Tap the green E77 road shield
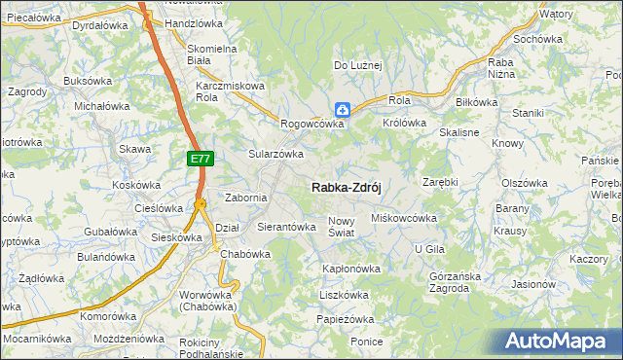(199, 157)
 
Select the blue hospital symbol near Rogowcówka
(342, 111)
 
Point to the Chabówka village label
(244, 254)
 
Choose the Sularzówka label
(275, 154)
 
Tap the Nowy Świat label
(348, 227)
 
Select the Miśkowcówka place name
(404, 218)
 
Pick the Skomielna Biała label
(212, 54)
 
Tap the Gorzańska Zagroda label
(456, 282)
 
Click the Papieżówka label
(346, 319)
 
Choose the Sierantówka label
(286, 227)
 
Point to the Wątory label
(556, 15)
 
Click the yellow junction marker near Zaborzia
(200, 203)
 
